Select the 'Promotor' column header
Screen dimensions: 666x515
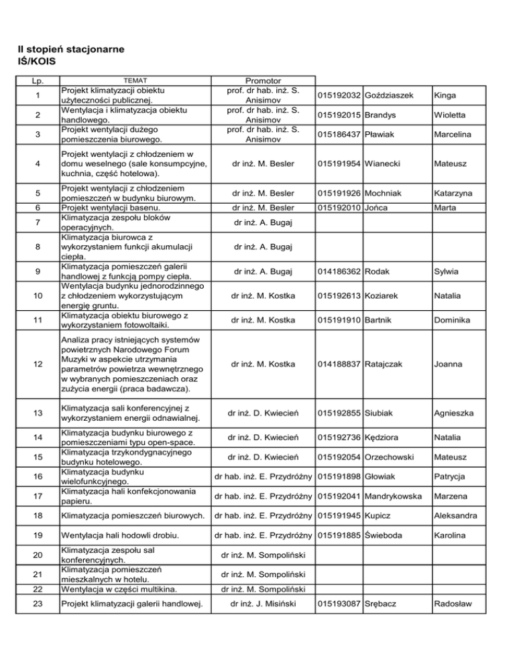click(263, 80)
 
